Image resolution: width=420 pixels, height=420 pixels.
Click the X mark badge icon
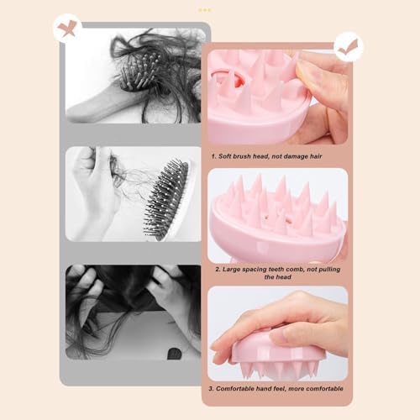point(67,29)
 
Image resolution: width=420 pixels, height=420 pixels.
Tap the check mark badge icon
point(349,47)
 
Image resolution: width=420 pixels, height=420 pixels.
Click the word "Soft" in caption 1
point(224,156)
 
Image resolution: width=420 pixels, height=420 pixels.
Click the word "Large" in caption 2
point(231,270)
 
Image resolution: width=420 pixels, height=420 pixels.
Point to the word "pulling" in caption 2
point(329,270)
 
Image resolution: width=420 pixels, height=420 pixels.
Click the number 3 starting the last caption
point(211,389)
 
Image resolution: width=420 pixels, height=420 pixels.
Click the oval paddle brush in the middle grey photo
point(167,199)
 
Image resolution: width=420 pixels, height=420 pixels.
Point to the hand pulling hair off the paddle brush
point(94,191)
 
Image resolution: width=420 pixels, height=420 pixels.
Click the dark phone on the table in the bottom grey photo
point(174,354)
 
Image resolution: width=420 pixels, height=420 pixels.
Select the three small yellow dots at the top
point(205,10)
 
